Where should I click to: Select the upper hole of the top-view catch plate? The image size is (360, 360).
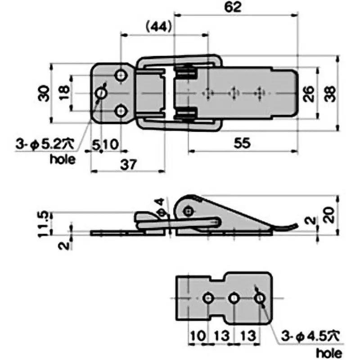pyautogui.click(x=121, y=76)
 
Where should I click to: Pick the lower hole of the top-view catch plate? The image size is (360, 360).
pyautogui.click(x=121, y=111)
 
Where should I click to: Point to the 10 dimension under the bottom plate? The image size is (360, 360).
pyautogui.click(x=198, y=335)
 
